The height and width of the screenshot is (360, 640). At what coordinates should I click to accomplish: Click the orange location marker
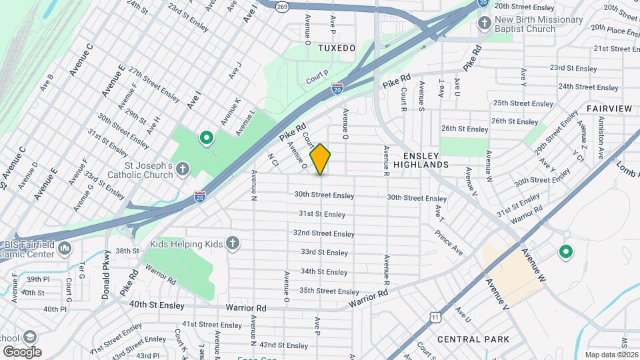click(x=320, y=159)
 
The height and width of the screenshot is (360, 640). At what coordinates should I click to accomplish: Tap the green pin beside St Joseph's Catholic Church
click(x=207, y=139)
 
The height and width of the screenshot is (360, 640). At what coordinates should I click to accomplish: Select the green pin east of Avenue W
click(x=566, y=251)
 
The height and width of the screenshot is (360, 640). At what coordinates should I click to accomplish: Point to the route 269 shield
click(x=264, y=5)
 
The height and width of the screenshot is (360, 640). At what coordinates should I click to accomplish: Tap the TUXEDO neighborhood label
click(x=337, y=48)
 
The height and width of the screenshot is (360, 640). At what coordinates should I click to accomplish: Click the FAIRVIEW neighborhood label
click(x=609, y=108)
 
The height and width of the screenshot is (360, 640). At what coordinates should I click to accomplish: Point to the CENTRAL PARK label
click(x=473, y=339)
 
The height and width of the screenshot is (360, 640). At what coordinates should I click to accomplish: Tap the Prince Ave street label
click(x=449, y=243)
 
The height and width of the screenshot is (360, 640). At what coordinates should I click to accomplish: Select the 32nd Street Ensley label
click(x=324, y=233)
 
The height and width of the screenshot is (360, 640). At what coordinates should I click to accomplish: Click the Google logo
click(x=22, y=351)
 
